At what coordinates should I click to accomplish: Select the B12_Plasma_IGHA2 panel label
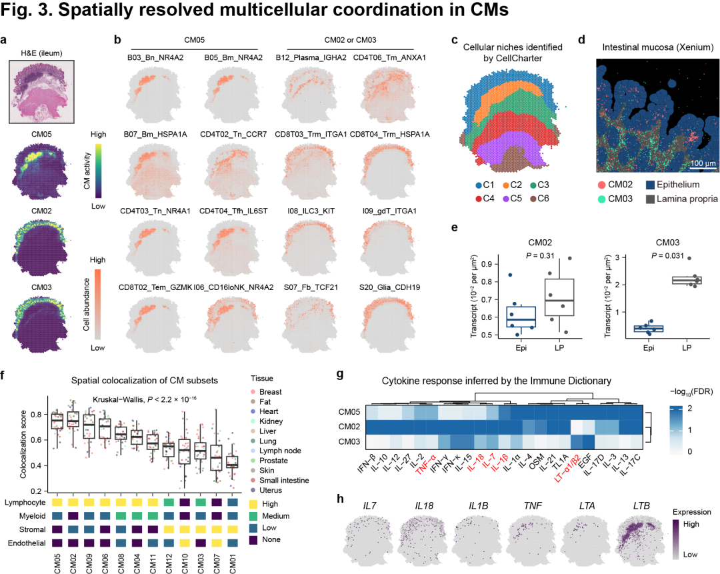[x=311, y=57]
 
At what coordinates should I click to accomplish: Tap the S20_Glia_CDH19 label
[x=389, y=287]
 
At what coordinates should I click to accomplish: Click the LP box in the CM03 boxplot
[x=686, y=280]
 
